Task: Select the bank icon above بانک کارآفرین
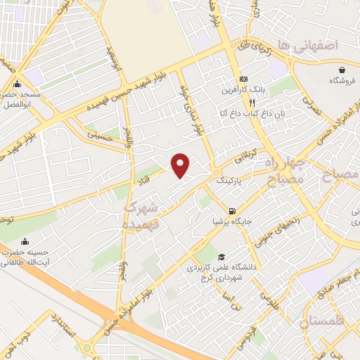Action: coord(243,79)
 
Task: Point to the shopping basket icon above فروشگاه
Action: coord(342,70)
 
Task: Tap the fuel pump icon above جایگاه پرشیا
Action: coord(232,210)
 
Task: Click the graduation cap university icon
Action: coord(222,257)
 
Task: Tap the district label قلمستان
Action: coord(324,323)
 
